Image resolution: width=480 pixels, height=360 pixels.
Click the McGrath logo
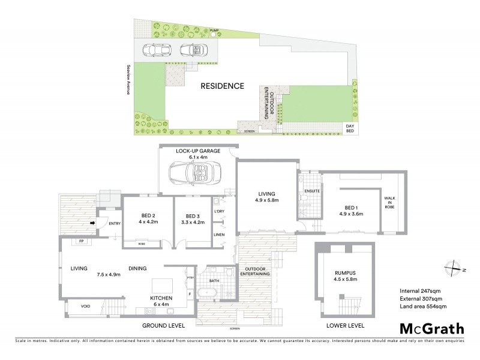coord(431,328)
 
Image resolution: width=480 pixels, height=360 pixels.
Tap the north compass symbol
coord(454,269)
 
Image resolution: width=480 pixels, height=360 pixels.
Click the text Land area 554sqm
coord(423,307)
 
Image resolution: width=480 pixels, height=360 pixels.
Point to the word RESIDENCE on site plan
coord(223,86)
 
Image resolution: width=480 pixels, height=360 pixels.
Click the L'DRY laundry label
coord(219,212)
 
